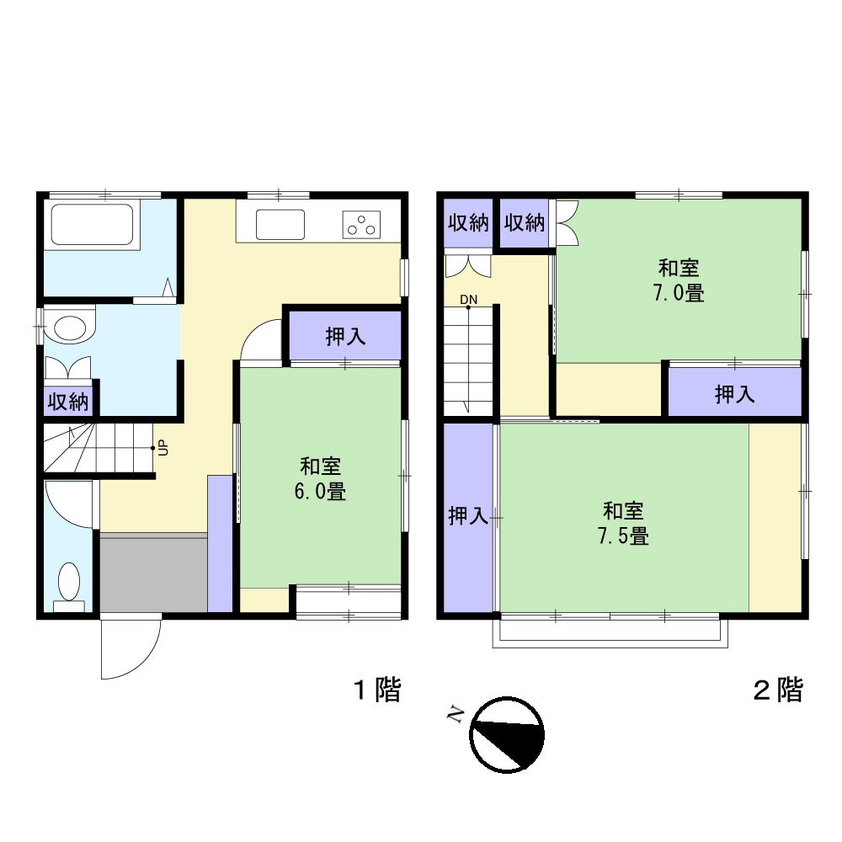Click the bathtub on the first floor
(93, 226)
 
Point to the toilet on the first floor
(68, 583)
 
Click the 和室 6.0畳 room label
(321, 479)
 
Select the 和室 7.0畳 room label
(679, 281)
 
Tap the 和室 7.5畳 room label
(624, 523)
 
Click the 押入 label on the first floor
(345, 337)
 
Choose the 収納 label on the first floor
(67, 402)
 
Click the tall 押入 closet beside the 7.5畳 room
(467, 516)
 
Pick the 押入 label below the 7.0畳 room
(734, 393)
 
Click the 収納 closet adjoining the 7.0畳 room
(524, 223)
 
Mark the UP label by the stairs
(163, 449)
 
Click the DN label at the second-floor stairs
(468, 299)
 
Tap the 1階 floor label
(376, 691)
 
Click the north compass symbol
(507, 734)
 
